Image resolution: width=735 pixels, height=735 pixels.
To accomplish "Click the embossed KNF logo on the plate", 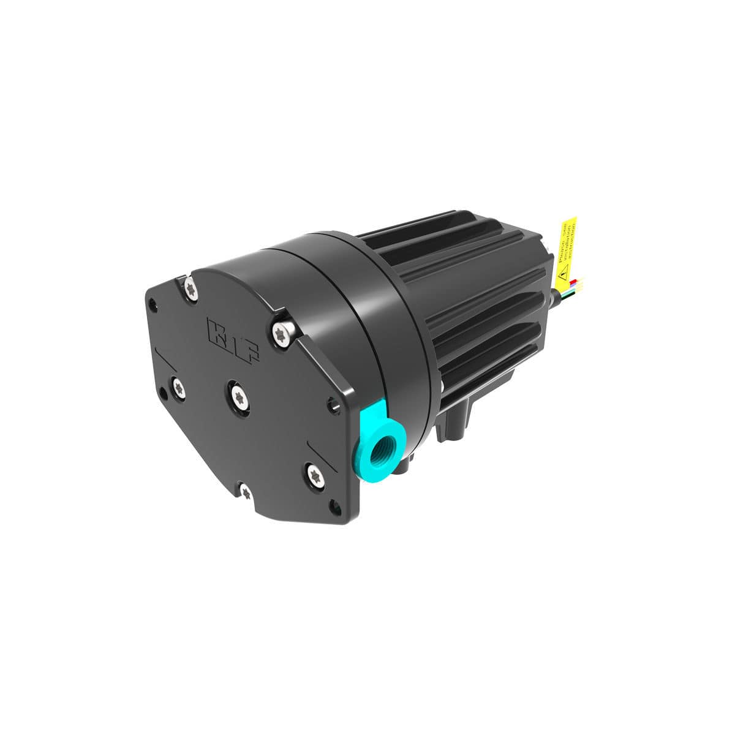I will (233, 339).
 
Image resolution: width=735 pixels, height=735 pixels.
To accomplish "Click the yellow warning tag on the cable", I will (567, 248).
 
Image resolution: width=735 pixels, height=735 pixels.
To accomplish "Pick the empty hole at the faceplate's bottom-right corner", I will (336, 506).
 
